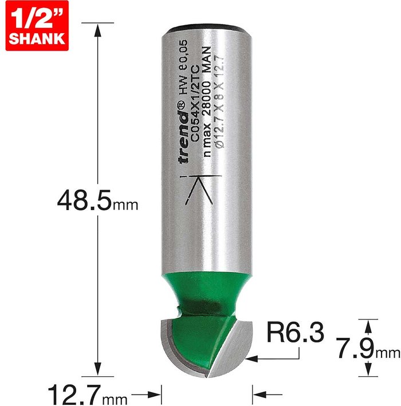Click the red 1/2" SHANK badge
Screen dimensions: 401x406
coord(37,26)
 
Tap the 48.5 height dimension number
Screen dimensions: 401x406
coord(84,200)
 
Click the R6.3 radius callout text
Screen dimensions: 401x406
coord(295,333)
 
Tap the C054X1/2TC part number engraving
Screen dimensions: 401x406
coord(195,103)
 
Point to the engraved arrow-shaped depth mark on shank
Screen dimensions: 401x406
coord(200,190)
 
